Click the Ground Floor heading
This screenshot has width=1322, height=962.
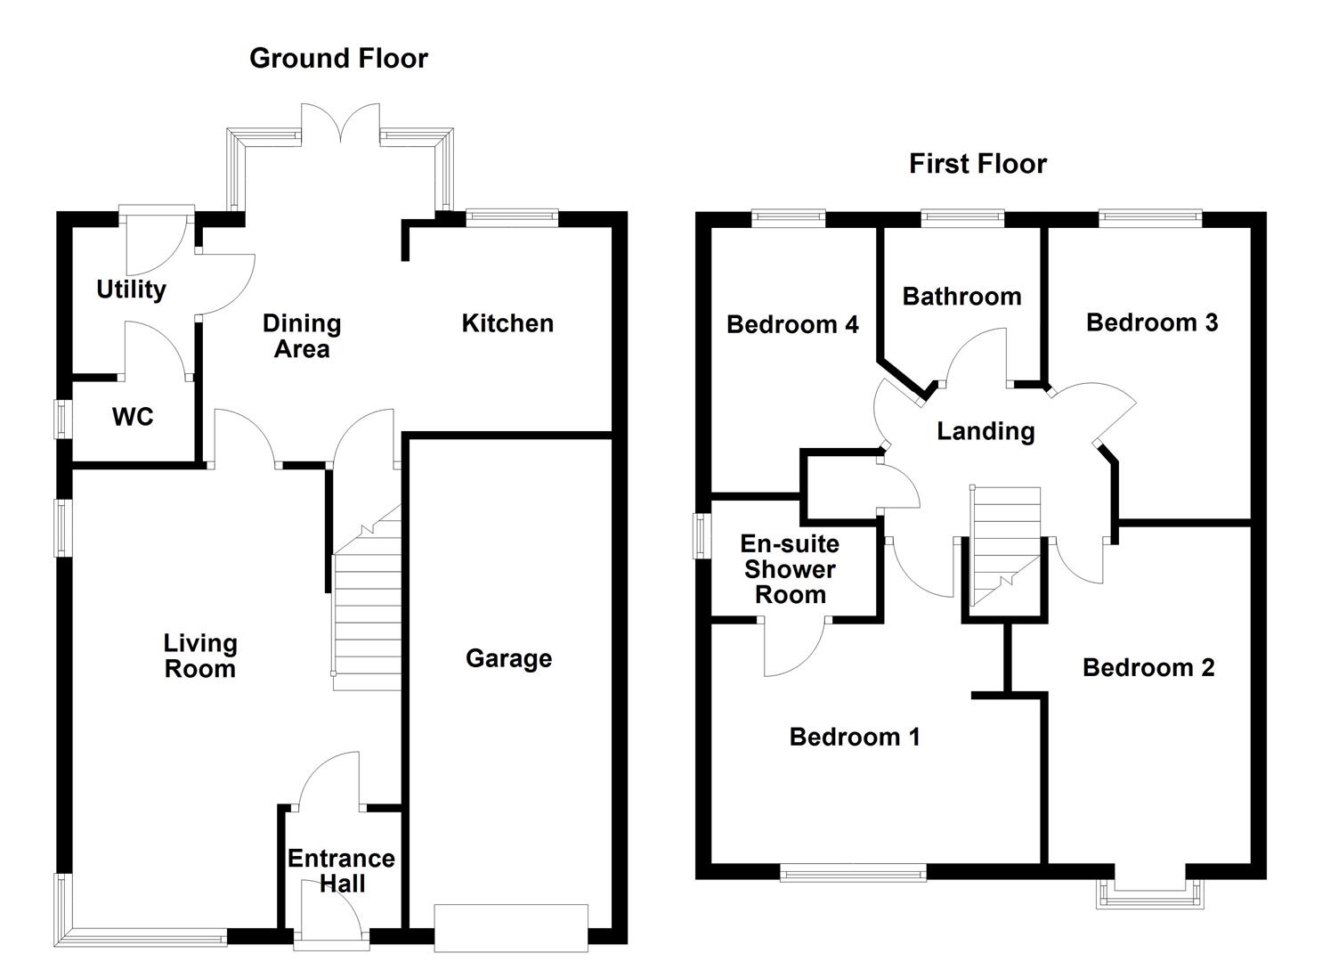(338, 58)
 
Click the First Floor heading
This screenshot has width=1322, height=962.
(977, 164)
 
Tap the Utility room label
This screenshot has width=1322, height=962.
(131, 289)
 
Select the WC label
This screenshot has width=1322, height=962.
(133, 417)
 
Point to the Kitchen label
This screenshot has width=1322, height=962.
(507, 323)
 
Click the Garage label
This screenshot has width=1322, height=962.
(508, 659)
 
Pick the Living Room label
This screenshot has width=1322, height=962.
(200, 656)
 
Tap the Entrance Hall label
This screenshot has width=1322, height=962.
(341, 871)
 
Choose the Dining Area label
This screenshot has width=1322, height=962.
(302, 337)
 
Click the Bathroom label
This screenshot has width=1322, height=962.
(961, 297)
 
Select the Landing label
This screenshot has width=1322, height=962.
(985, 432)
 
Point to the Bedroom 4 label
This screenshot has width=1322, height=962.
(792, 324)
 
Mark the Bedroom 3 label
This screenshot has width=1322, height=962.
(1152, 322)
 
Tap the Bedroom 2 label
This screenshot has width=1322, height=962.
(1148, 668)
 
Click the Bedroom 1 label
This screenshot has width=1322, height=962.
(855, 738)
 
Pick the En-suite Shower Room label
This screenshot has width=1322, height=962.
(790, 569)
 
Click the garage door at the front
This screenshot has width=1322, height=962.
(511, 928)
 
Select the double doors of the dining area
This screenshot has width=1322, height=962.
(340, 123)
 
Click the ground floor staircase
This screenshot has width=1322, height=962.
(366, 615)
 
